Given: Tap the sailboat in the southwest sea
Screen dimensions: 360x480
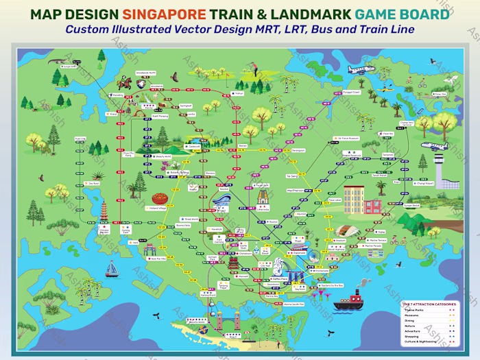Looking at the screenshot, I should click(112, 269).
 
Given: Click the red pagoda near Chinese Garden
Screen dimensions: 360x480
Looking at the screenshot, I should click(104, 213).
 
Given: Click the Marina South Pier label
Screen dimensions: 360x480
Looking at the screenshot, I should click(294, 303).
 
